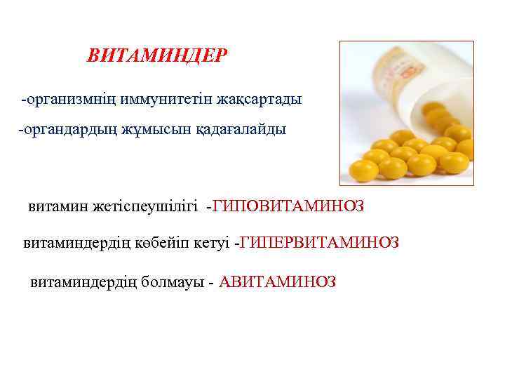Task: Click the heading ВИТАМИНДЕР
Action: (x=157, y=55)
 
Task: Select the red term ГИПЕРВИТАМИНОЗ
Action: (x=320, y=243)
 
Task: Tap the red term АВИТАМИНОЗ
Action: (x=278, y=282)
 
